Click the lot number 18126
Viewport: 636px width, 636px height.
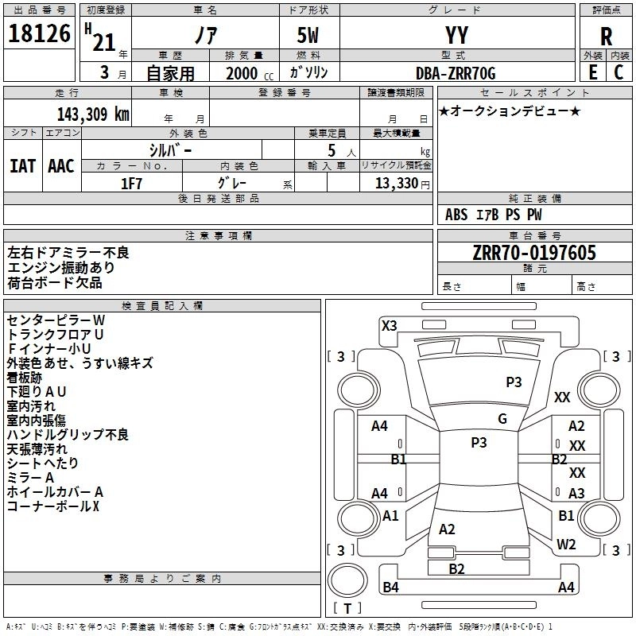click(x=39, y=33)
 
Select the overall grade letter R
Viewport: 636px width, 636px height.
click(x=606, y=37)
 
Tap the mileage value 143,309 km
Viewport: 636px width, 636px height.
click(x=93, y=114)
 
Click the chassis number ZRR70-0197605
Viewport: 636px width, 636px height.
click(x=534, y=253)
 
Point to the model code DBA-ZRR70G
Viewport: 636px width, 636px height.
click(x=456, y=73)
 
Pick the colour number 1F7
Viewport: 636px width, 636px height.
click(x=131, y=184)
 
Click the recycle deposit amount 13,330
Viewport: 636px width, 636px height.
click(x=397, y=184)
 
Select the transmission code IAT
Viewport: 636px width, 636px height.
click(x=23, y=166)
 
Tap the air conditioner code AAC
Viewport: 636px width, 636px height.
click(x=61, y=166)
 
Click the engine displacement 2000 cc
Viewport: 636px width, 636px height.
click(x=250, y=73)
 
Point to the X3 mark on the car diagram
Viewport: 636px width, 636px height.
click(x=389, y=326)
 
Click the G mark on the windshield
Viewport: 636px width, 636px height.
click(x=502, y=419)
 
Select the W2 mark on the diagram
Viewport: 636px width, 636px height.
click(x=566, y=545)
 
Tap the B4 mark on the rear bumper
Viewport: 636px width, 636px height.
click(x=390, y=587)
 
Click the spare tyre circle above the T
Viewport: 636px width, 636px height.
click(x=347, y=580)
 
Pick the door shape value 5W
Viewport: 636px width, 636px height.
click(x=308, y=35)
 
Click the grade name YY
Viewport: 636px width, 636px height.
click(x=456, y=35)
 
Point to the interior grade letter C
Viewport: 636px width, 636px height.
click(x=619, y=72)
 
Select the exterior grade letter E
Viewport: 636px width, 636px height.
click(x=592, y=72)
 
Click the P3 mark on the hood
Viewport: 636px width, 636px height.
click(x=514, y=382)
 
